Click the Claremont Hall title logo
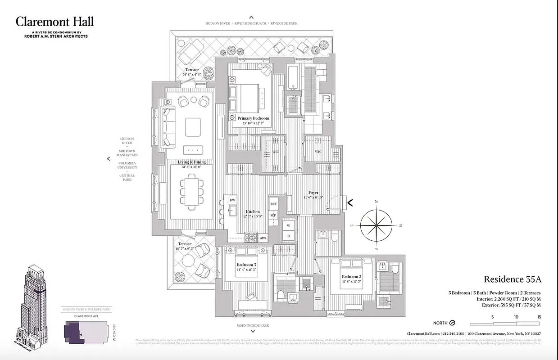[x=54, y=22]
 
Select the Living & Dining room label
[x=191, y=162]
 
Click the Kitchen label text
[x=253, y=211]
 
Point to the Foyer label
[x=313, y=193]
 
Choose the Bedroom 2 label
[x=351, y=276]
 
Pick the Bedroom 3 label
[x=246, y=265]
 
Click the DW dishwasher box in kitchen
[x=232, y=200]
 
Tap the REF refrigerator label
[x=273, y=204]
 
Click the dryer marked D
[x=289, y=235]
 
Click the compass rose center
[x=376, y=225]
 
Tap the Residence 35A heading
[x=513, y=279]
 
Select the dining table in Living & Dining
[x=192, y=191]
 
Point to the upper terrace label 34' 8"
[x=191, y=75]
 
